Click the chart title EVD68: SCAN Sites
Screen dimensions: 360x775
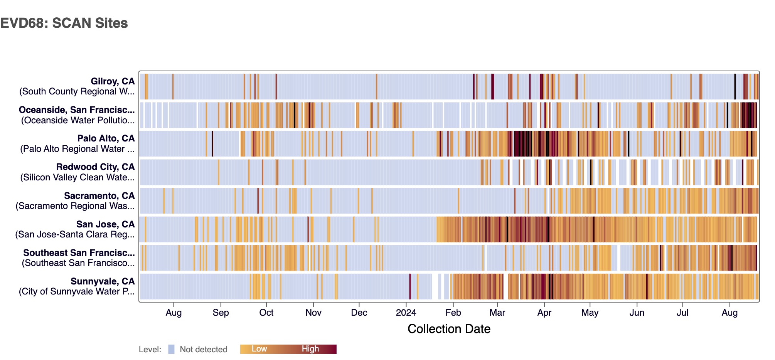coord(64,23)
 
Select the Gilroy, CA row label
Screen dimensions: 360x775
coord(113,81)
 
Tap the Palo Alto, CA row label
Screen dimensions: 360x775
coord(106,138)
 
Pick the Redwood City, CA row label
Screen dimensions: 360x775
coord(95,167)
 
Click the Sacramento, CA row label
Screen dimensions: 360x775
coord(99,196)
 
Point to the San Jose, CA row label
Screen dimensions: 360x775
coord(105,224)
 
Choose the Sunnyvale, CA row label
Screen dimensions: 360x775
coord(103,281)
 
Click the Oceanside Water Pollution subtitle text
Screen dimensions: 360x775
coord(78,120)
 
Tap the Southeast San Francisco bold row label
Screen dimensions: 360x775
coord(79,253)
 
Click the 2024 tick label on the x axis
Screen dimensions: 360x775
coord(406,313)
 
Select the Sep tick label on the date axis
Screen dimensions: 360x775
coord(221,313)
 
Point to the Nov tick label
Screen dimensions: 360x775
coord(313,313)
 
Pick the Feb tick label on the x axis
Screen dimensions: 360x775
coord(453,313)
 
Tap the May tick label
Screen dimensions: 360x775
coord(590,313)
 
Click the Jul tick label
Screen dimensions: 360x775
coord(682,313)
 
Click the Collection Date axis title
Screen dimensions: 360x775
coord(449,329)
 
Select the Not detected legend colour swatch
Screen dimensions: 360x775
coord(171,349)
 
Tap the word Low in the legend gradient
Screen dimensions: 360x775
coord(259,349)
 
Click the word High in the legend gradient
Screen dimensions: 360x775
coord(310,349)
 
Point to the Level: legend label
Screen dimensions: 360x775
coord(150,350)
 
